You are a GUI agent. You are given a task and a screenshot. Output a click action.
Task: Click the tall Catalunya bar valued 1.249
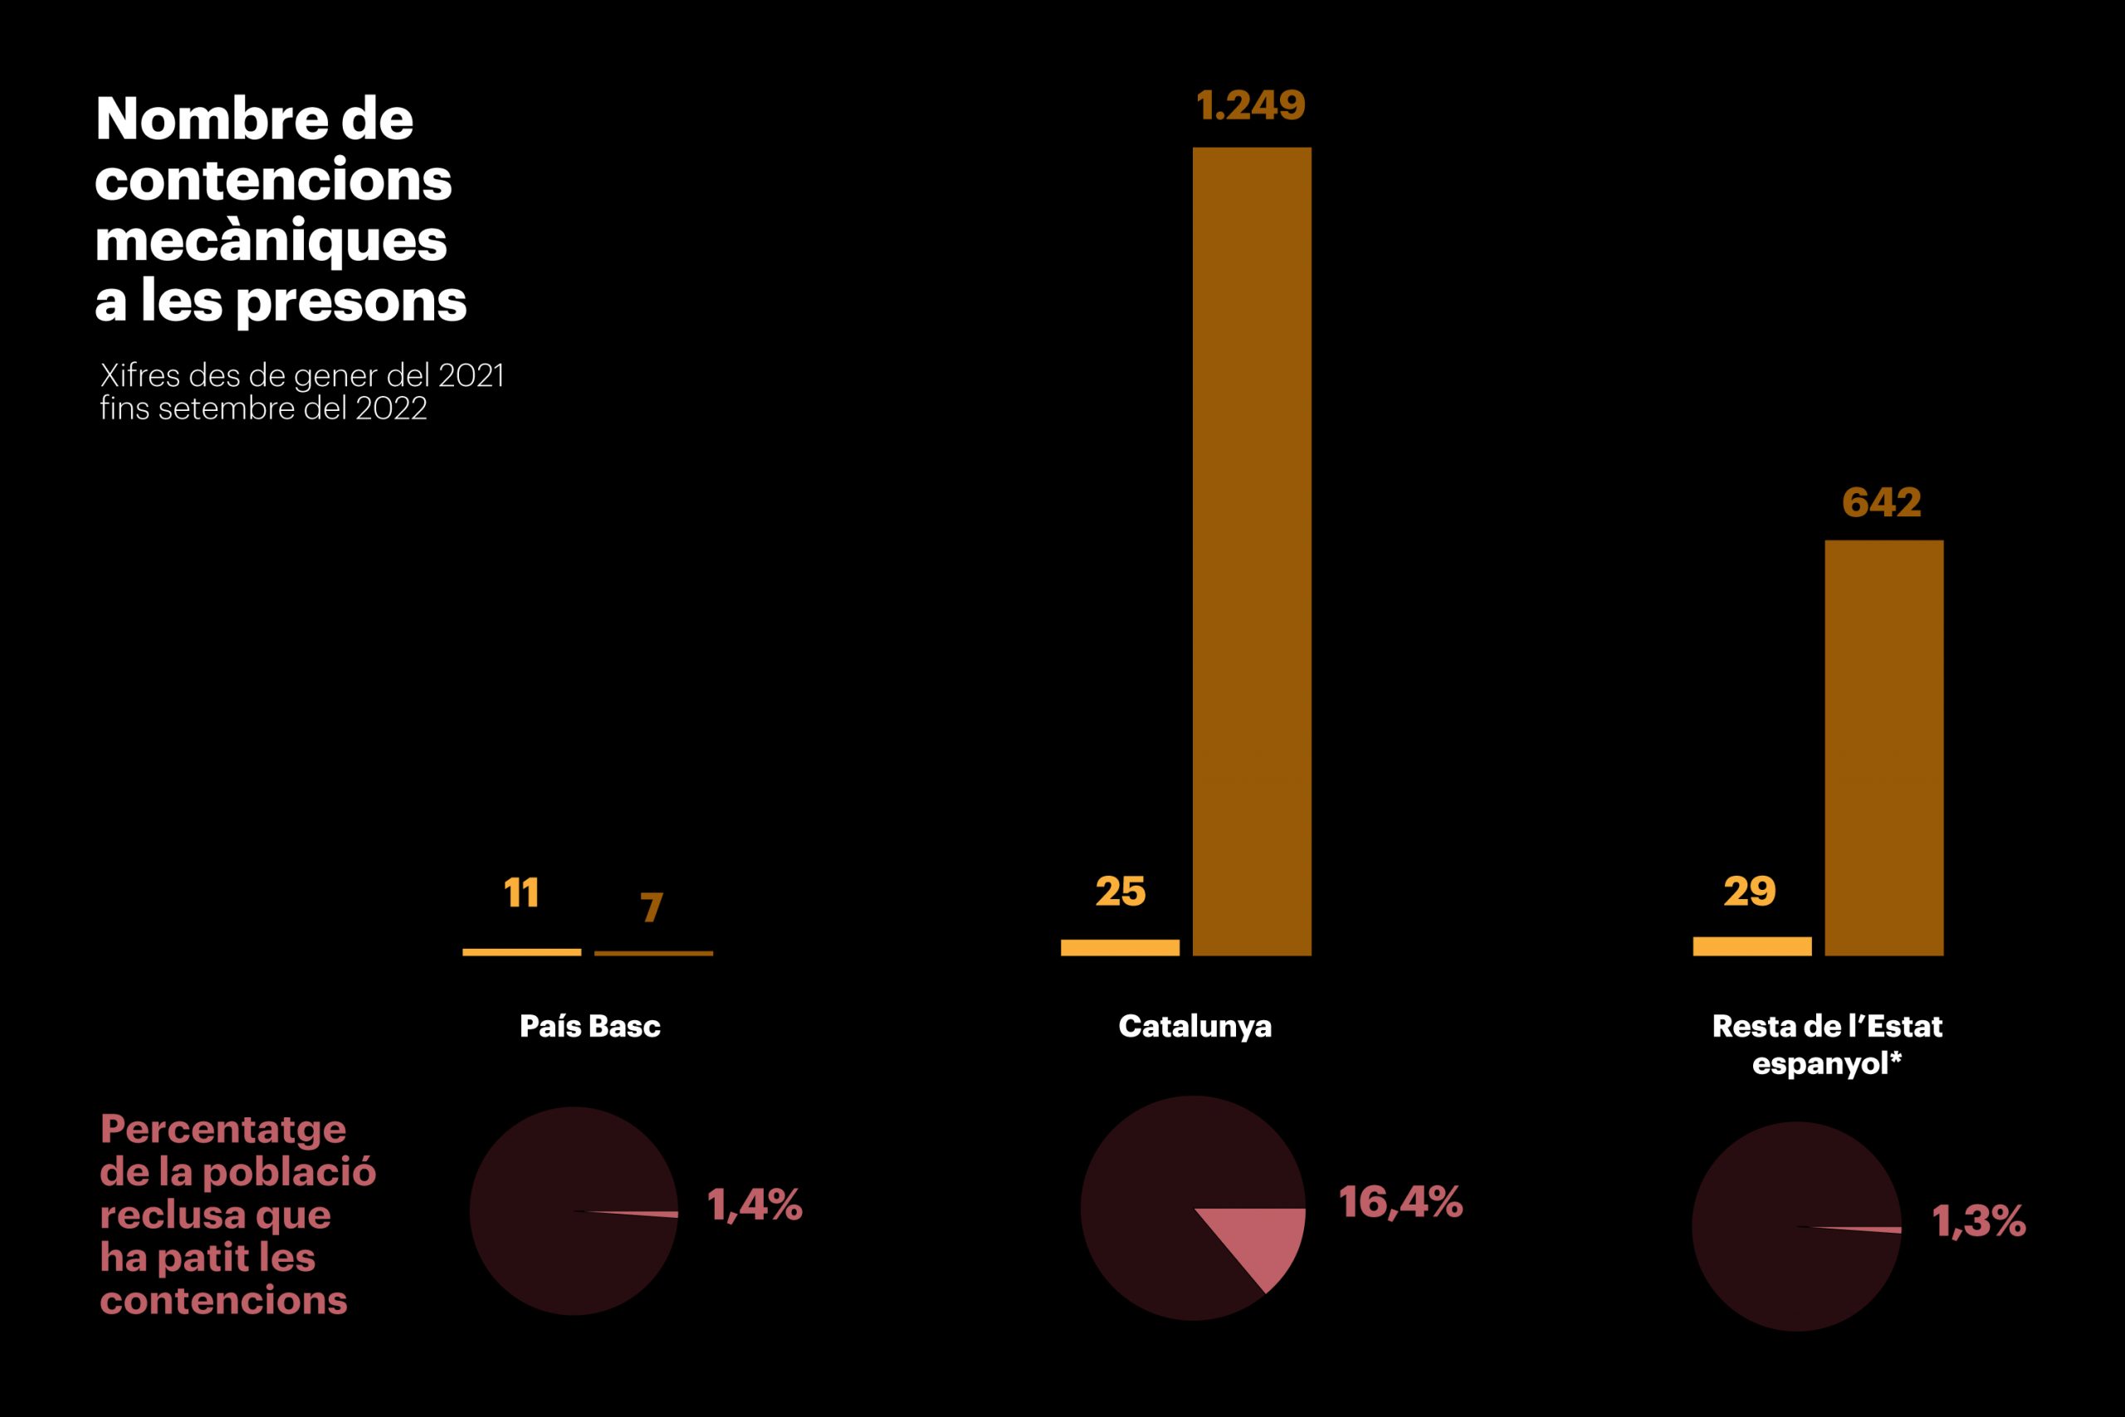pyautogui.click(x=1251, y=551)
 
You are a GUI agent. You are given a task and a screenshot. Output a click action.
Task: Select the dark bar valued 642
pyautogui.click(x=1883, y=748)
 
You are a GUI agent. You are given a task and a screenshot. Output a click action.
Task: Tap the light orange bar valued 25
pyautogui.click(x=1120, y=947)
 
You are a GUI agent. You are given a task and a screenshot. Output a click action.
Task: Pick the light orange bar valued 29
pyautogui.click(x=1751, y=946)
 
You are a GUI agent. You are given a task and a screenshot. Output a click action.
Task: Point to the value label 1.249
pyautogui.click(x=1250, y=105)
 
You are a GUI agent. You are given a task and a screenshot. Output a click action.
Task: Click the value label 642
pyautogui.click(x=1881, y=502)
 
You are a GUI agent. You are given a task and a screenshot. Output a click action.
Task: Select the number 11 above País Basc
pyautogui.click(x=521, y=893)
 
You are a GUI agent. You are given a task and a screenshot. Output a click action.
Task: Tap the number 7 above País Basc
pyautogui.click(x=652, y=907)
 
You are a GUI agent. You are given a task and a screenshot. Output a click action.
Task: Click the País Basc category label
pyautogui.click(x=590, y=1026)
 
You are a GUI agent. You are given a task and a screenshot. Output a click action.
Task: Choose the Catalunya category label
pyautogui.click(x=1194, y=1026)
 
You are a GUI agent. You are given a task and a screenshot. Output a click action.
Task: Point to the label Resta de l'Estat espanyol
pyautogui.click(x=1827, y=1043)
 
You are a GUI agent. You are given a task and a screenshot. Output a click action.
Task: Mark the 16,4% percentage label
pyautogui.click(x=1400, y=1202)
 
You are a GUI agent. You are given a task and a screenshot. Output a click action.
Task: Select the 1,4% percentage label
pyautogui.click(x=755, y=1204)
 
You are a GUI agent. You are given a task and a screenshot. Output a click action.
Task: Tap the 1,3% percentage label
pyautogui.click(x=1979, y=1221)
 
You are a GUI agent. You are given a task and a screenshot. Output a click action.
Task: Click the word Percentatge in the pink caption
pyautogui.click(x=223, y=1130)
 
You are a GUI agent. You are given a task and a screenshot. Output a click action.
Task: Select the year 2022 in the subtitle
pyautogui.click(x=390, y=408)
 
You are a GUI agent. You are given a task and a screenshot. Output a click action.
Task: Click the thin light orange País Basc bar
pyautogui.click(x=521, y=951)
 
